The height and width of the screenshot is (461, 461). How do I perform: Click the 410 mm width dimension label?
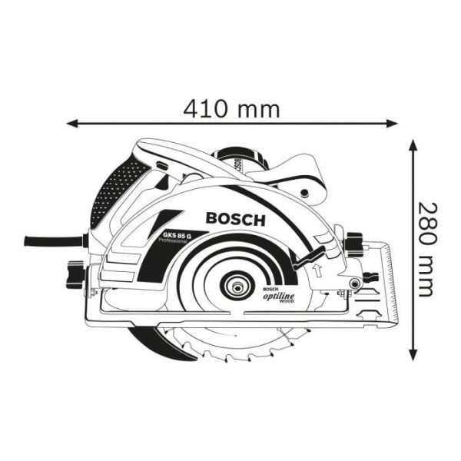click(231, 109)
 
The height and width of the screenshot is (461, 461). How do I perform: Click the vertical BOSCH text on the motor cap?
click(237, 161)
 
